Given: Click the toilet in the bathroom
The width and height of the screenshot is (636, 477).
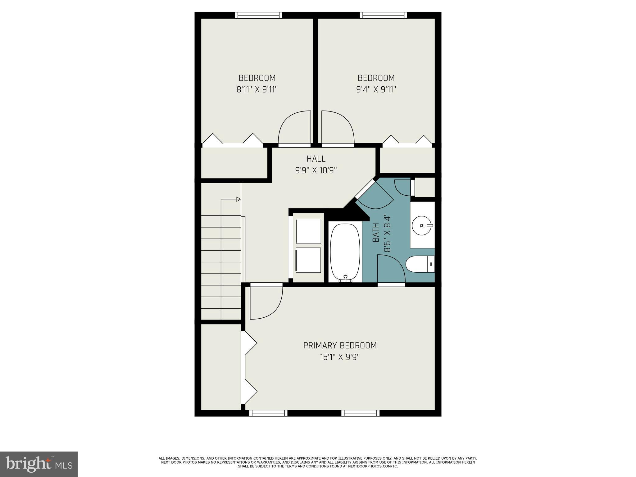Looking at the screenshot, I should (419, 264).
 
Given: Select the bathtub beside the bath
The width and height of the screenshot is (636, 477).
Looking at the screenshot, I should (345, 252).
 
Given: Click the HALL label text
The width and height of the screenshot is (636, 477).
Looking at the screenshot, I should (316, 159).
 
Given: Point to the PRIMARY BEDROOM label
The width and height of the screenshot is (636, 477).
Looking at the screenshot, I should (340, 345).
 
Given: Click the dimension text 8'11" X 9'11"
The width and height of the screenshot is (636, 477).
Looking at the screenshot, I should (257, 90).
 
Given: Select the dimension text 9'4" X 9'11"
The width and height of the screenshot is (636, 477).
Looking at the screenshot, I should (376, 90).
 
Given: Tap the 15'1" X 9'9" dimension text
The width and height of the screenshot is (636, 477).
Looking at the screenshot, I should (340, 357).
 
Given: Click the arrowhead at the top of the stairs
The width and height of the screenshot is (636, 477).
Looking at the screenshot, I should (238, 199).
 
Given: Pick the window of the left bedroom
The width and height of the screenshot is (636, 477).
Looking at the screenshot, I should (258, 15).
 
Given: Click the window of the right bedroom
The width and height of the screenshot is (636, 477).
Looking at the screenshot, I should (384, 15).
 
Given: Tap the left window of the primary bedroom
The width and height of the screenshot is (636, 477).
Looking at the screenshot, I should (268, 413).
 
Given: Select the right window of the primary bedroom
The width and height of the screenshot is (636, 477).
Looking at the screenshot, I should (361, 413).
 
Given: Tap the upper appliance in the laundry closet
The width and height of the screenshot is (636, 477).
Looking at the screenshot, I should (308, 231).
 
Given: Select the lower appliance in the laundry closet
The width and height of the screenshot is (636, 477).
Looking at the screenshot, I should (308, 260).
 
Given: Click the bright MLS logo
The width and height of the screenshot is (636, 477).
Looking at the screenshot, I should (39, 464).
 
